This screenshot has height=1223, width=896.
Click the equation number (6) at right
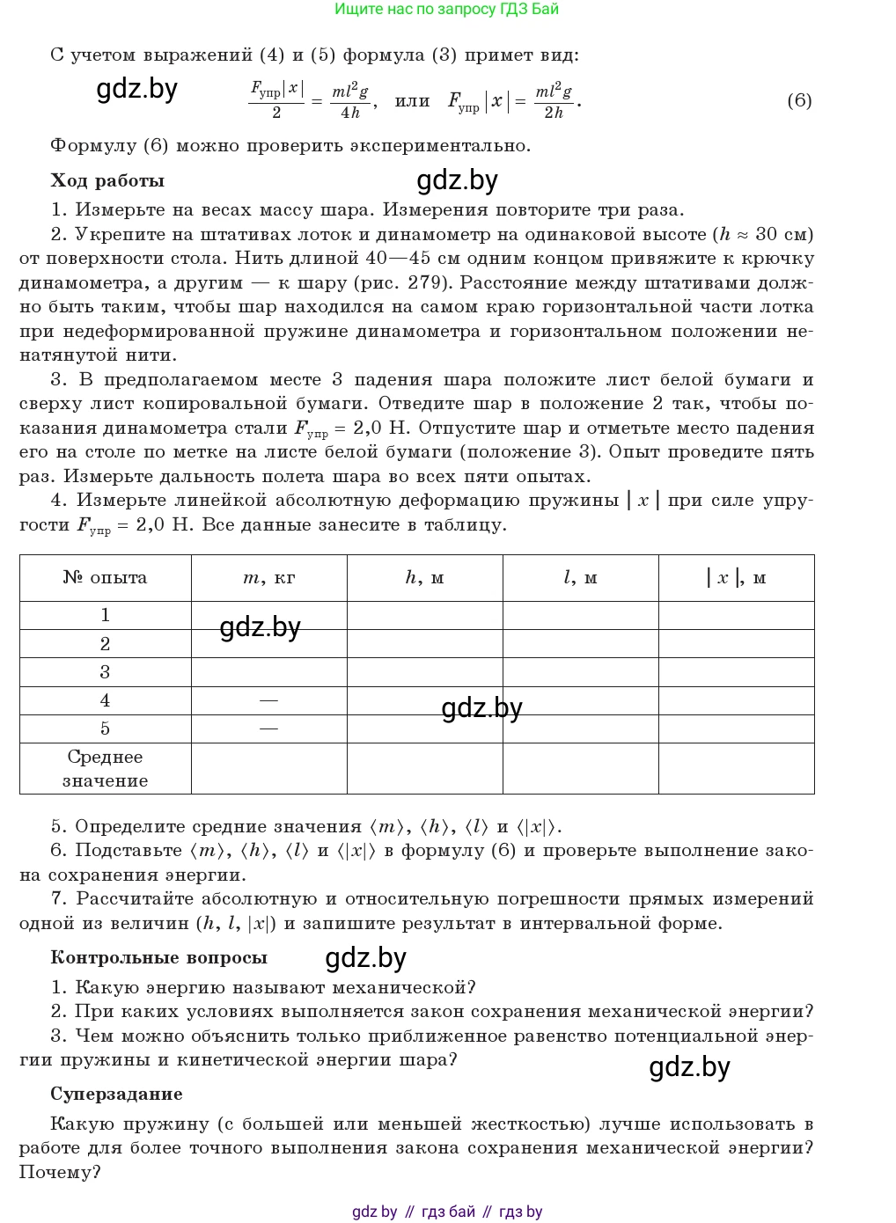coord(798,100)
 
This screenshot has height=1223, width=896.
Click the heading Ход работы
coord(107,181)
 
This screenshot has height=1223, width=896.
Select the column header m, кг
coord(268,578)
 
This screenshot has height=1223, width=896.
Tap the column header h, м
coord(424,578)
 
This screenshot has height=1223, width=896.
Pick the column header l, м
coord(580,578)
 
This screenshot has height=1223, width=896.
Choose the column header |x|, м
coord(736,578)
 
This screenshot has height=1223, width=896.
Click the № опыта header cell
coord(105,578)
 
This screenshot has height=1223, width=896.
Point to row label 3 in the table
coord(105,672)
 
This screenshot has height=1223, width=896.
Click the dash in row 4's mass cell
coord(268,700)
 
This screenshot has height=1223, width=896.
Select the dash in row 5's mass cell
coord(268,729)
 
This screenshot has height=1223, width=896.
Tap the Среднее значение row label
coord(105,768)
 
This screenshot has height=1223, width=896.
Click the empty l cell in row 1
coord(580,615)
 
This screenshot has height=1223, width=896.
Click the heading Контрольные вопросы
coord(158,958)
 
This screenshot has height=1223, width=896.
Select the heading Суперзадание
coord(116,1095)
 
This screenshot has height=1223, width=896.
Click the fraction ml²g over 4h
coord(350,100)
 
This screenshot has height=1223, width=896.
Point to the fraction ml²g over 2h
coord(554,100)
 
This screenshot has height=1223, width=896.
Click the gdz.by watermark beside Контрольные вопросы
coord(365,958)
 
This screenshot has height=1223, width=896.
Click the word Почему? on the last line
coord(60,1173)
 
